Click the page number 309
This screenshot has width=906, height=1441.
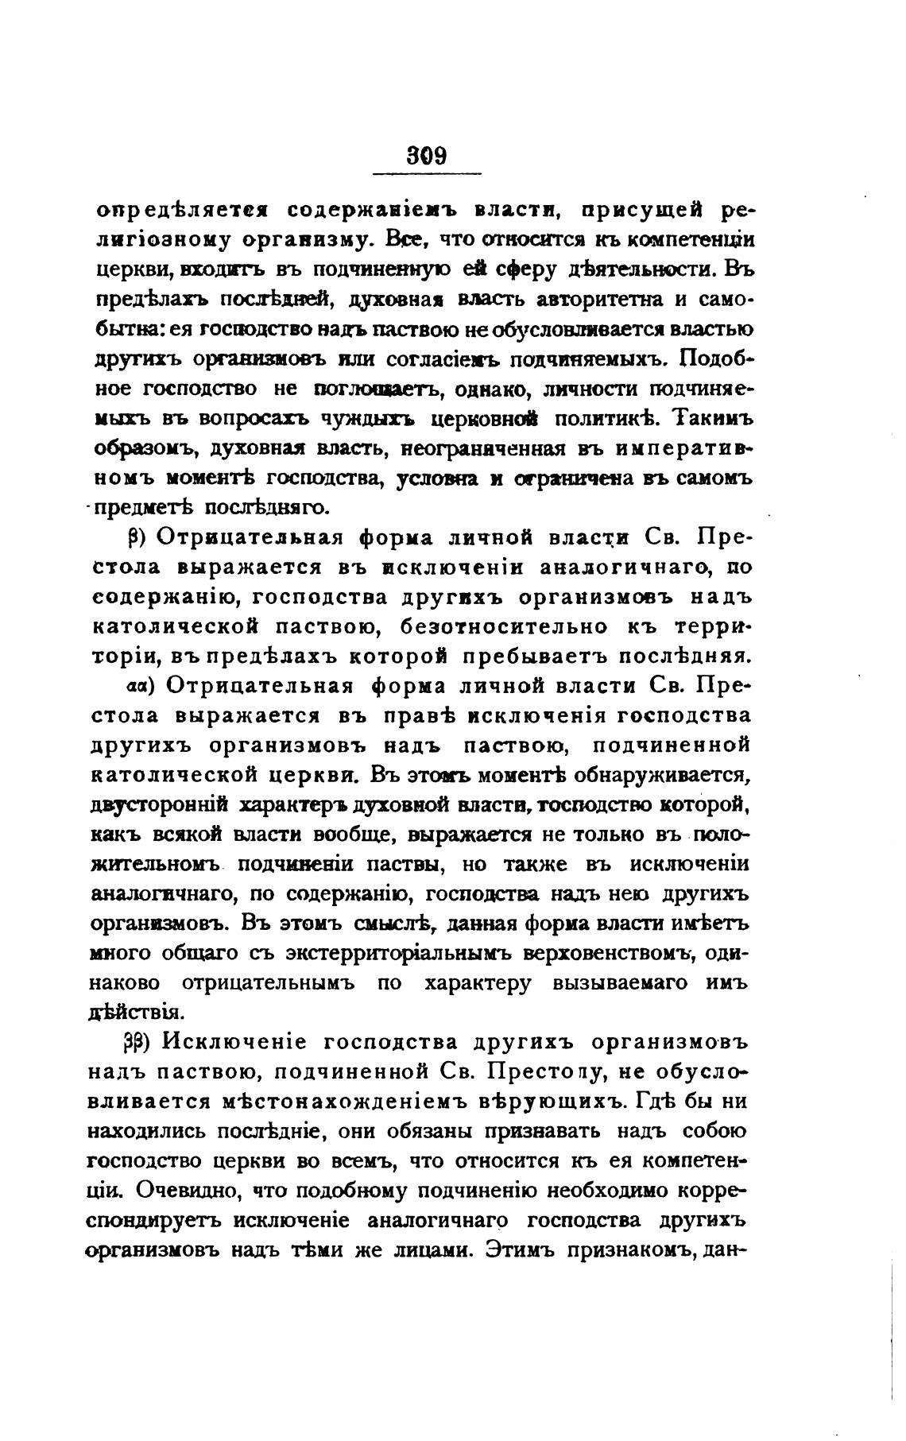point(427,153)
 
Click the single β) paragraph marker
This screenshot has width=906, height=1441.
point(134,538)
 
